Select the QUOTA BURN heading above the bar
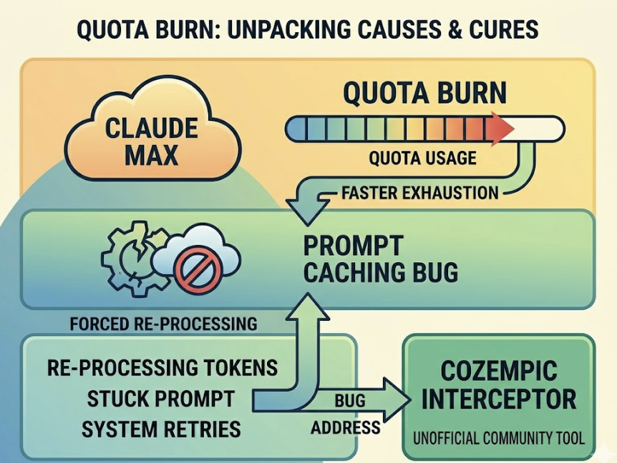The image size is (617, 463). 424,94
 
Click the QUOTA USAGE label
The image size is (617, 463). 422,158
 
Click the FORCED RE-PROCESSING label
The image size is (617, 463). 163,323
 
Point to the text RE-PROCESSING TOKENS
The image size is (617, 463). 162,367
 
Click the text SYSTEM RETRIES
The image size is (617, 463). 161,429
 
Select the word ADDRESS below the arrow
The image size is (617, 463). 346,429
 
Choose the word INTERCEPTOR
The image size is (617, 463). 499,399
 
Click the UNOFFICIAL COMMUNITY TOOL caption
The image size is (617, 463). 500,437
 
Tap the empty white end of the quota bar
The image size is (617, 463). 538,129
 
